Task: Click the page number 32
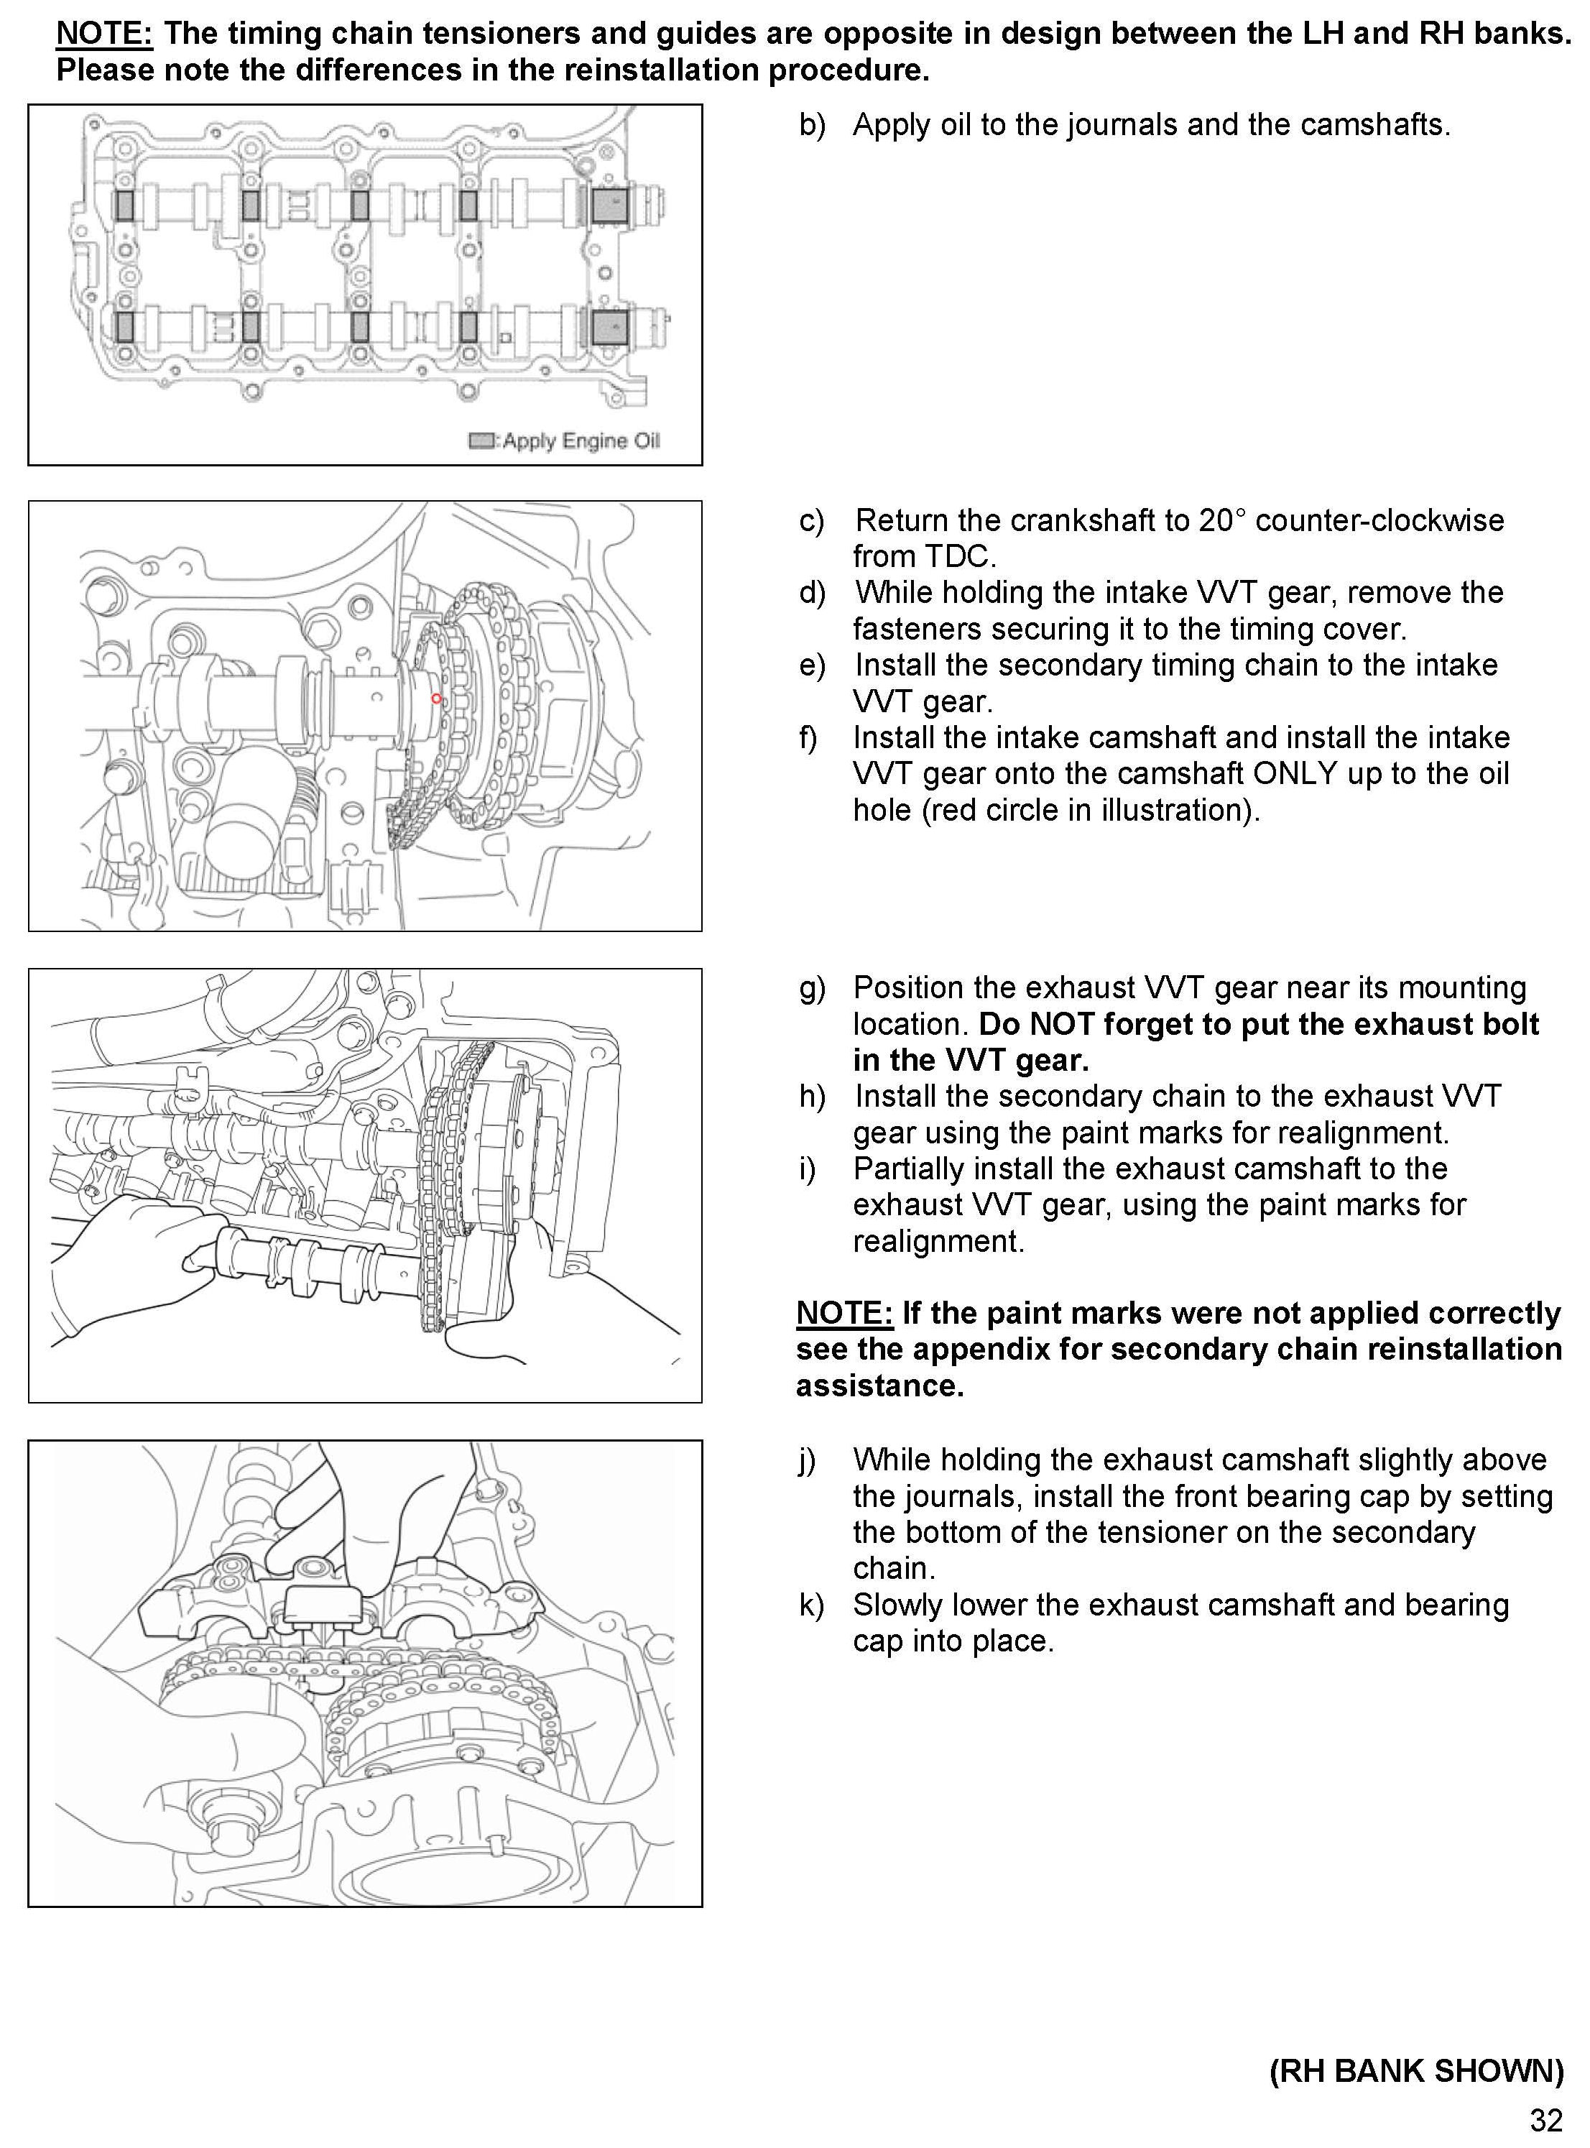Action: pyautogui.click(x=1545, y=2120)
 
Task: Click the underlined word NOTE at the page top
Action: pyautogui.click(x=104, y=34)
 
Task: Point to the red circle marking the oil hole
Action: pyautogui.click(x=436, y=698)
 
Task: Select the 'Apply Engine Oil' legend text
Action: pyautogui.click(x=581, y=441)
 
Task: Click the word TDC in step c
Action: pyautogui.click(x=958, y=556)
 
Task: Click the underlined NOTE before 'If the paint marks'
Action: pyautogui.click(x=844, y=1313)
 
